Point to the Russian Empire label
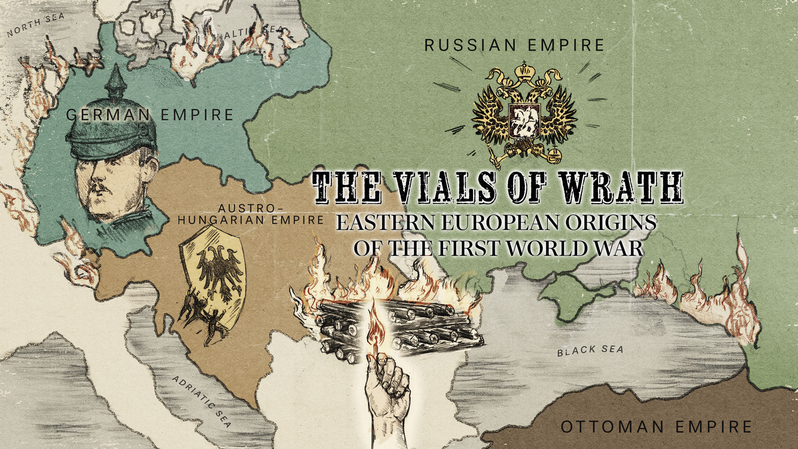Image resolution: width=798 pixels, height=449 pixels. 514,45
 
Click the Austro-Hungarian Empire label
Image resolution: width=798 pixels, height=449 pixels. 249,214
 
